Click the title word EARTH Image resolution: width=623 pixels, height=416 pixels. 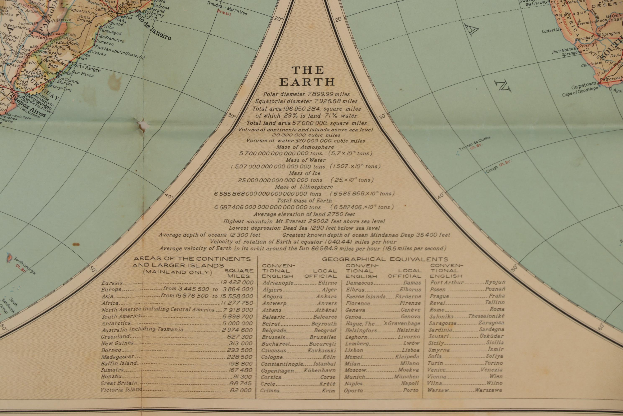[x=307, y=82]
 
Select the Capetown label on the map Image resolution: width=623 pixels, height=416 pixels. [x=583, y=86]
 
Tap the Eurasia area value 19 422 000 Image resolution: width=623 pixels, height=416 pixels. [x=237, y=283]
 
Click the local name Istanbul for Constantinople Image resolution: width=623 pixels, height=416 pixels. [x=324, y=364]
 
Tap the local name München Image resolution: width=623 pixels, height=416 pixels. [x=406, y=377]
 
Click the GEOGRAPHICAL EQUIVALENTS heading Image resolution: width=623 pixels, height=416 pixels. [x=385, y=259]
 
